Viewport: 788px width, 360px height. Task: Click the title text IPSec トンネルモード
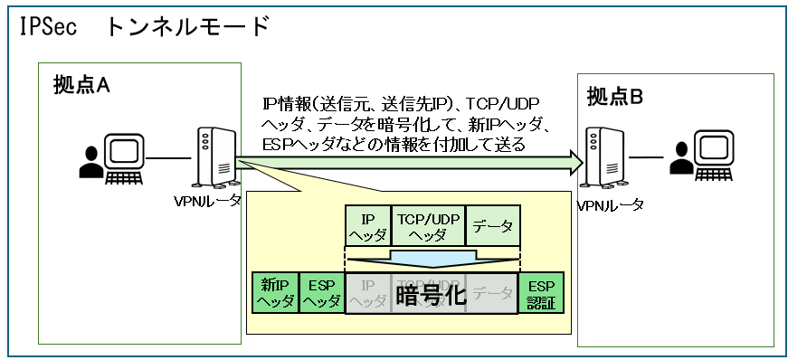[144, 26]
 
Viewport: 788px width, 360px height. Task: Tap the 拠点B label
[615, 95]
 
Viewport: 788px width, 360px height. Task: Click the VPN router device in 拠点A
[211, 156]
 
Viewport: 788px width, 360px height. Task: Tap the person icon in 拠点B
[680, 161]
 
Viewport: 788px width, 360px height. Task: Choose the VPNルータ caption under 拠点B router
[611, 205]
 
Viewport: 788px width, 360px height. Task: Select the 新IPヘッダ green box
[274, 292]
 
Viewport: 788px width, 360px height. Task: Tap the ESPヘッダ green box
[321, 292]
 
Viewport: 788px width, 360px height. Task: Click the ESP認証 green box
[541, 292]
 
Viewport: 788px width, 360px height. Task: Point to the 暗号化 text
[432, 294]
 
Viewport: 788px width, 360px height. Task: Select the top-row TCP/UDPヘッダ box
[428, 226]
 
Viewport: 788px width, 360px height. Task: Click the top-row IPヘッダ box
[368, 226]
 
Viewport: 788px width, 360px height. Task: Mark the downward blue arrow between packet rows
[432, 259]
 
